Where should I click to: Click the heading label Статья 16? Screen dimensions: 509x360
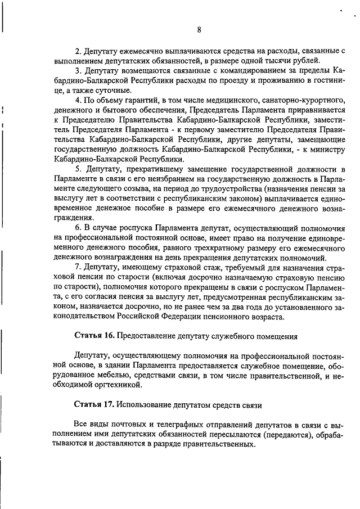click(94, 336)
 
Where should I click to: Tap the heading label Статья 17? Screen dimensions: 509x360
click(94, 405)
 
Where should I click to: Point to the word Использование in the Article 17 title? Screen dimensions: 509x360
click(145, 405)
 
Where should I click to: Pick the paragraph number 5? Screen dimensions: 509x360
click(78, 169)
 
